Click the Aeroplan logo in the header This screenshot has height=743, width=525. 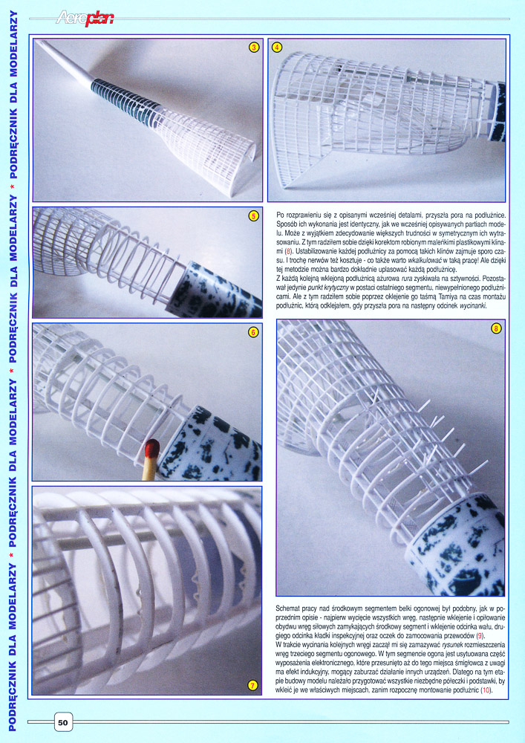coord(85,18)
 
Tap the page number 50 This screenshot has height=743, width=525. coord(63,723)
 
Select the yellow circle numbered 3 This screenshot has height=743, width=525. coord(254,48)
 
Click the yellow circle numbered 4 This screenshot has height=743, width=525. coord(277,48)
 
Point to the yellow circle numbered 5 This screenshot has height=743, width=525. coord(254,216)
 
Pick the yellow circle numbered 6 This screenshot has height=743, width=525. coord(253,332)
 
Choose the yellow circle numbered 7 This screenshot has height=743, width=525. coord(253,685)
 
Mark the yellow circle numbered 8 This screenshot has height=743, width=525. coord(496,328)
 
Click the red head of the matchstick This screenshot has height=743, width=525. coord(152,449)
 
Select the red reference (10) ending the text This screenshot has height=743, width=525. coord(486,690)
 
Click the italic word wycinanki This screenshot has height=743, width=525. coord(472,306)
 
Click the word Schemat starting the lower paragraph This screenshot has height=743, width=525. coord(288,608)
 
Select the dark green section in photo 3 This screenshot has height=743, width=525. coord(125,101)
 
